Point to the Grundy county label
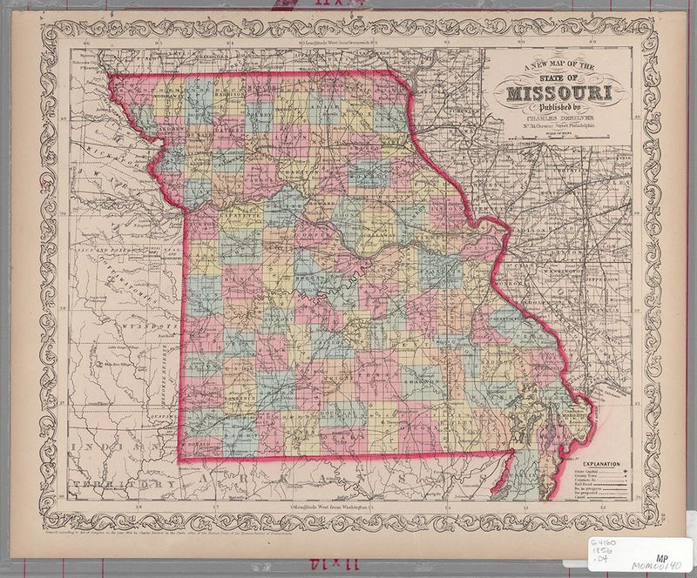tap(257, 112)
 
